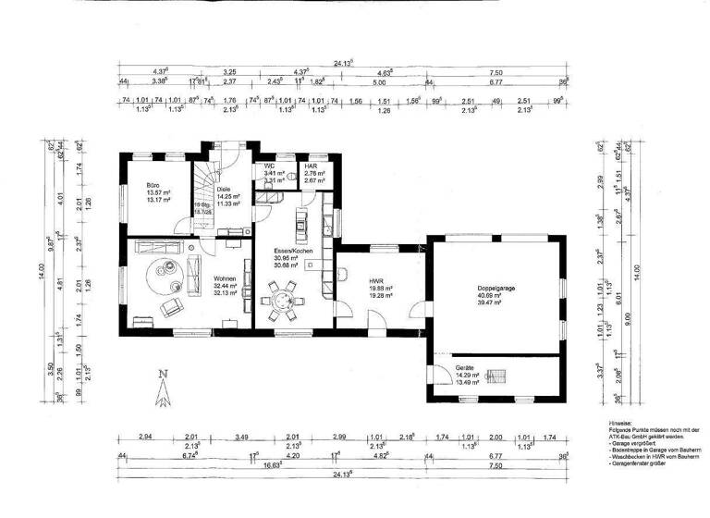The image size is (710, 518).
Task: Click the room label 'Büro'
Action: pos(153,185)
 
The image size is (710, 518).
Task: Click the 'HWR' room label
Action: pos(376,281)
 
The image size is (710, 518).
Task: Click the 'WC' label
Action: pos(269,166)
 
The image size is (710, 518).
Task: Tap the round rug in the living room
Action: pos(169,269)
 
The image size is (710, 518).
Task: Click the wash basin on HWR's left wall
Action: pos(342,274)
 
